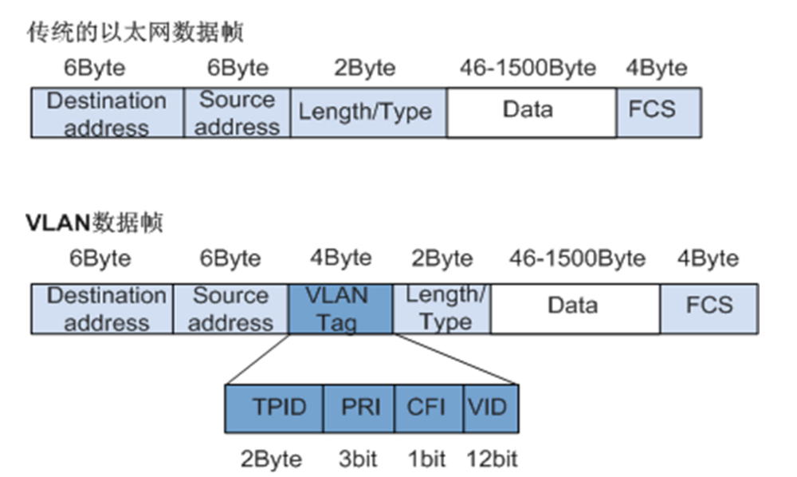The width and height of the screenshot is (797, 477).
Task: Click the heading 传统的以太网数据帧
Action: pyautogui.click(x=135, y=33)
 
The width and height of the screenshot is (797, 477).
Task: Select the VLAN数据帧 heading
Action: pyautogui.click(x=94, y=223)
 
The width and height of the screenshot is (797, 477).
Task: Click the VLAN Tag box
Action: pyautogui.click(x=340, y=308)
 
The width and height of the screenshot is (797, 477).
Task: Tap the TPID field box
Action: pyautogui.click(x=274, y=408)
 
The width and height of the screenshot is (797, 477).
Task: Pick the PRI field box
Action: pyautogui.click(x=359, y=408)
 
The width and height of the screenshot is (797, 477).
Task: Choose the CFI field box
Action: pyautogui.click(x=429, y=408)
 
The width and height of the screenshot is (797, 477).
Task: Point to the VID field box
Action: pyautogui.click(x=489, y=408)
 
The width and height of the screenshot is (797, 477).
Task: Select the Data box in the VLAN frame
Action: pyautogui.click(x=575, y=307)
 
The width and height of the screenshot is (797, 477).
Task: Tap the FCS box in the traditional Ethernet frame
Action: pyautogui.click(x=658, y=111)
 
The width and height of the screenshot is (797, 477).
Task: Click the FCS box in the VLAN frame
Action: pyautogui.click(x=709, y=307)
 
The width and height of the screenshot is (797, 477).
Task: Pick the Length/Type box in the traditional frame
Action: pyautogui.click(x=365, y=111)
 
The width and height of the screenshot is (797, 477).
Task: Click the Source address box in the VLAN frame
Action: pyautogui.click(x=230, y=308)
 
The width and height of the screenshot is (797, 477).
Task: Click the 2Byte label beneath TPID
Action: pyautogui.click(x=271, y=459)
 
